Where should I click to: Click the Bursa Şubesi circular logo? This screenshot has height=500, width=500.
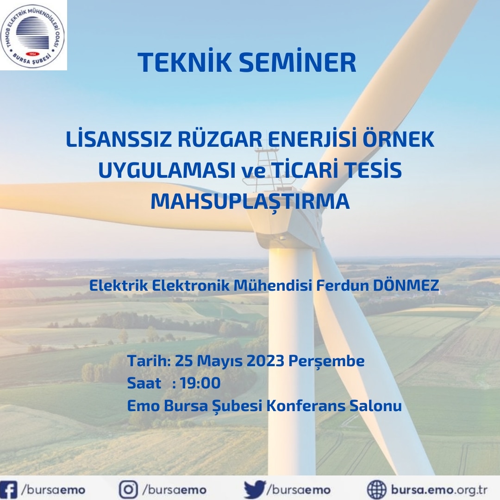coord(33,35)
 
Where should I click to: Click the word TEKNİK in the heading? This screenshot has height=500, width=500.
coord(185,62)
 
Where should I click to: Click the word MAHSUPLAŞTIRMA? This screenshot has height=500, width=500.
coord(250,201)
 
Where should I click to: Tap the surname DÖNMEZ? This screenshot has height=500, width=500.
coord(406,285)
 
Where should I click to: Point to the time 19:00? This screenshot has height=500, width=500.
coord(200,383)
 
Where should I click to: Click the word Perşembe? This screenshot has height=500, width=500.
coord(326,362)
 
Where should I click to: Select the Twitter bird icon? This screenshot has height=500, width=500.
coord(255,489)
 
